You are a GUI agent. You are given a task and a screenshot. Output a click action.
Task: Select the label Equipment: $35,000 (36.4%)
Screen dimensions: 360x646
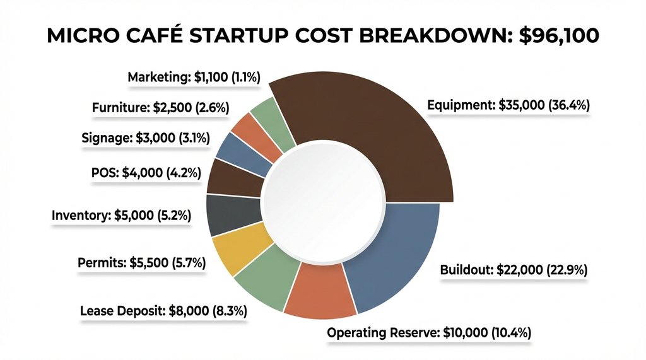coord(508,106)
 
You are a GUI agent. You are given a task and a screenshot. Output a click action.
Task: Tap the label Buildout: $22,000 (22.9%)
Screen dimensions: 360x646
coord(513,270)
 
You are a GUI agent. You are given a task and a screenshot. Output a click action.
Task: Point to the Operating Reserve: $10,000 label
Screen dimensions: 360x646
coord(429,332)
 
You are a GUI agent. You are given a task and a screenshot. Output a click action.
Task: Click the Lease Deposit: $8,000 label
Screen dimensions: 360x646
coord(163,311)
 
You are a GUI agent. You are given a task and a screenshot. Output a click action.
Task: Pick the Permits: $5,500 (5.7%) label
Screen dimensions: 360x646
coord(142,263)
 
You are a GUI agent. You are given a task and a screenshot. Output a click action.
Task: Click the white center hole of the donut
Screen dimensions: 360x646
coord(323,201)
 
